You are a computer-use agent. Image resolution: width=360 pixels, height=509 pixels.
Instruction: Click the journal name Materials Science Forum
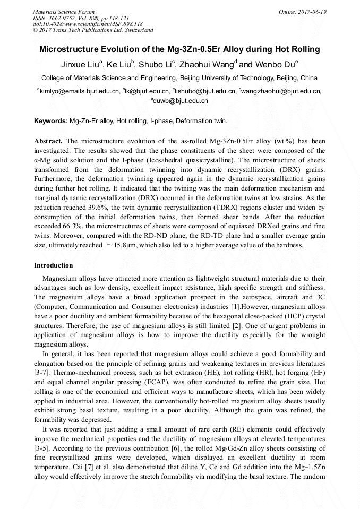[x=64, y=11]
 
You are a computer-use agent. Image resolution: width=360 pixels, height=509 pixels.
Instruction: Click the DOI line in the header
[x=88, y=24]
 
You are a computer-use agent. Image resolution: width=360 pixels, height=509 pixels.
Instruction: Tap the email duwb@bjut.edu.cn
[x=180, y=100]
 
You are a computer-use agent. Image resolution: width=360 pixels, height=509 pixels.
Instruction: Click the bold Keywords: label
[x=51, y=121]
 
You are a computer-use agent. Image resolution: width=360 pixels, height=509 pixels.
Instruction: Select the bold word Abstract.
[x=48, y=141]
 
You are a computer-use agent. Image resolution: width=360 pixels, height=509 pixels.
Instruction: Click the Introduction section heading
[x=54, y=265]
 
